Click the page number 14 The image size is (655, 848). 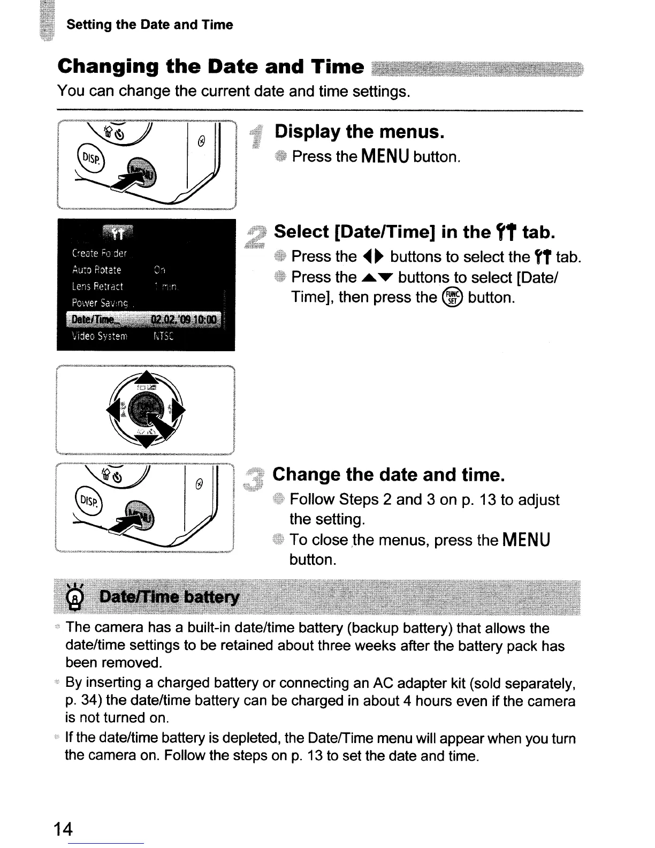click(63, 829)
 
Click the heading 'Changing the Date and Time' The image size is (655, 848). click(211, 66)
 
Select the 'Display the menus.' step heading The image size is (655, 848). click(360, 132)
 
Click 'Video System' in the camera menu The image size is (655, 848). click(100, 337)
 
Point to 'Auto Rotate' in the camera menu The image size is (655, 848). click(97, 270)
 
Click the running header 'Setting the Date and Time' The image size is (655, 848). click(150, 25)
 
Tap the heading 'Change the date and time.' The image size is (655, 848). click(389, 474)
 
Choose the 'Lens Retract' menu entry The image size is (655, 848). click(97, 286)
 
